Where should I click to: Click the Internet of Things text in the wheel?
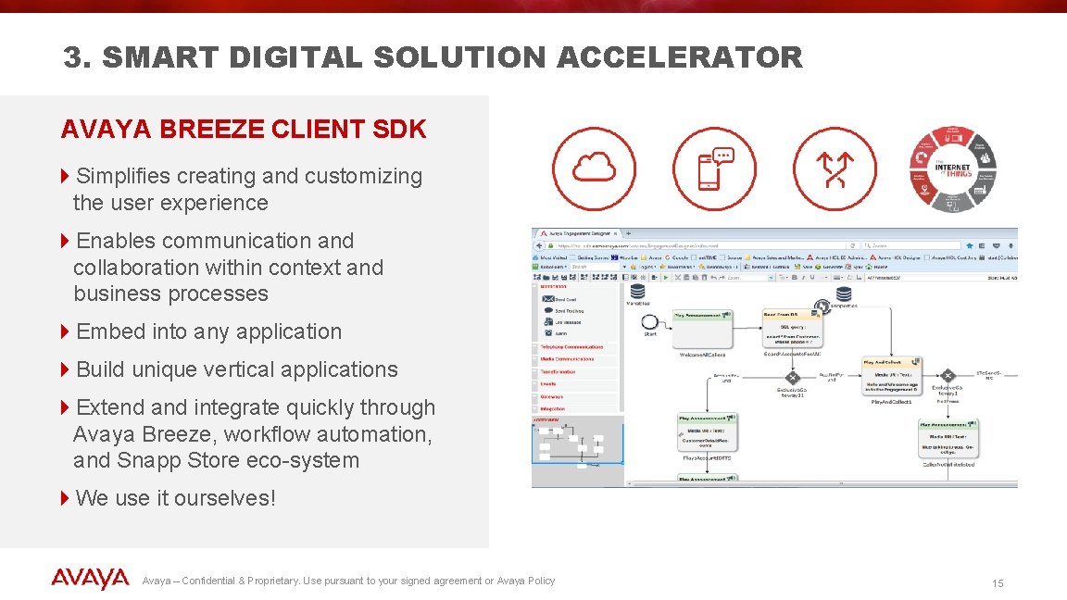[x=952, y=169]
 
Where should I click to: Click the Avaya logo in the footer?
[x=90, y=580]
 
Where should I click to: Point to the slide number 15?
[x=998, y=583]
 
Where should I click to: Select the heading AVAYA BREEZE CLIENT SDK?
[x=244, y=130]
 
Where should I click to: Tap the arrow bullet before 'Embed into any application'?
[x=65, y=331]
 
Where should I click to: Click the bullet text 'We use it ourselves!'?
[x=175, y=498]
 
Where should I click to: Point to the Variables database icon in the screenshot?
[x=637, y=292]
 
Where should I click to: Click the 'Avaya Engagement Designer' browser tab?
[x=578, y=233]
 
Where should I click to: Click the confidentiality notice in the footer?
[x=348, y=581]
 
